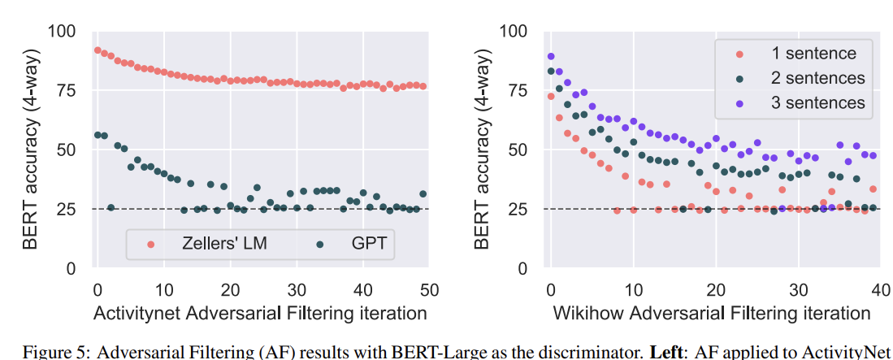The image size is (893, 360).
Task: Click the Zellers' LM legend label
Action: click(x=223, y=243)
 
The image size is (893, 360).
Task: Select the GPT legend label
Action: click(x=368, y=243)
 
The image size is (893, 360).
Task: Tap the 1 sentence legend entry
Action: click(x=813, y=54)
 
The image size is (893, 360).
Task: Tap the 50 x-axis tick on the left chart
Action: click(x=429, y=290)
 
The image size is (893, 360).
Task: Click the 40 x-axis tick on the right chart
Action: click(x=881, y=290)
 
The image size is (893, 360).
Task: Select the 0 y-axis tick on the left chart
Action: click(x=72, y=268)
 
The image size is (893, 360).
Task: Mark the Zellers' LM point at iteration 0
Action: click(x=98, y=50)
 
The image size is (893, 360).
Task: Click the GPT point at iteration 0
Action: click(x=98, y=135)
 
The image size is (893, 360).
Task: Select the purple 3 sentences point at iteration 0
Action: click(x=551, y=56)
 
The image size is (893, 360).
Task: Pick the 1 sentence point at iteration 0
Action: click(x=551, y=96)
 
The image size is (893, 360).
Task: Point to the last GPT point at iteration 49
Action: click(x=423, y=193)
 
